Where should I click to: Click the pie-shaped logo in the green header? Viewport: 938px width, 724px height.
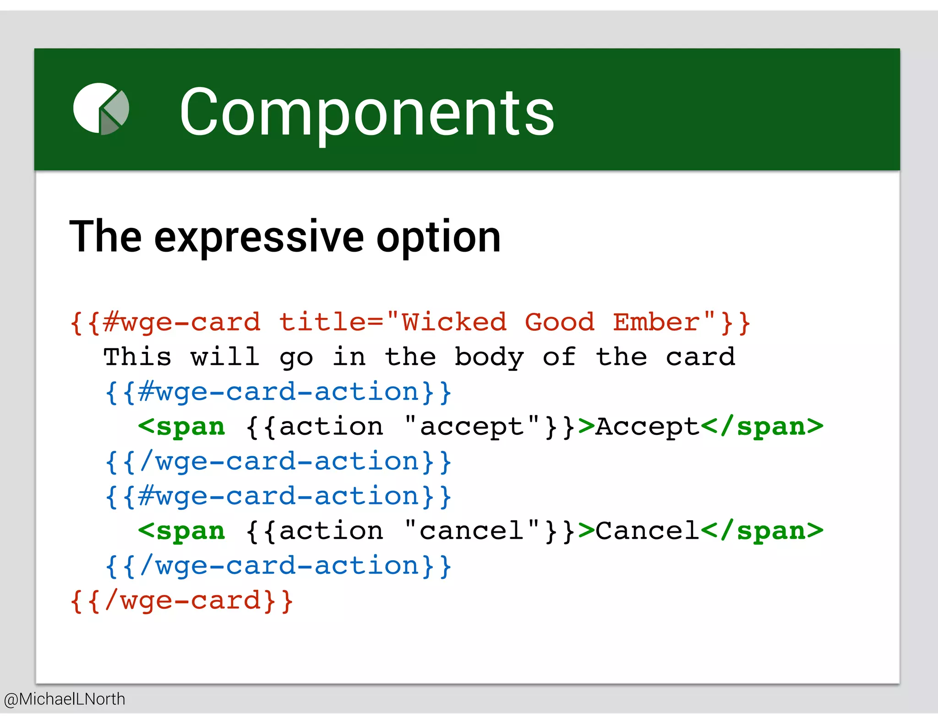[101, 109]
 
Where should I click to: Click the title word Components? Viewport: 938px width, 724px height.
[366, 112]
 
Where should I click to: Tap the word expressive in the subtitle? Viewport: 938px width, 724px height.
[259, 237]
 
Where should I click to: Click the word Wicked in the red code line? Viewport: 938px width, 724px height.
[454, 322]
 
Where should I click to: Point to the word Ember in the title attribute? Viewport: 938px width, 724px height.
[656, 322]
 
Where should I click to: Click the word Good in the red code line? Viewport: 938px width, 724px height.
[559, 322]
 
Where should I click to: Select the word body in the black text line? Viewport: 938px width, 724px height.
[489, 357]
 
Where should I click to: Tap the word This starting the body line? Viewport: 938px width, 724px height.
[137, 357]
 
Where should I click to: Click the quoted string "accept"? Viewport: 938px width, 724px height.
[472, 427]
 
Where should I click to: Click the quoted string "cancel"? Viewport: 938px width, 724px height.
[472, 531]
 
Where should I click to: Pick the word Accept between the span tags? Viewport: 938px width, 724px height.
[647, 427]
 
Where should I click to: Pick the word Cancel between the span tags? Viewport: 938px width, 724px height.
[647, 531]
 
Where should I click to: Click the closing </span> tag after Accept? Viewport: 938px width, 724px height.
[762, 427]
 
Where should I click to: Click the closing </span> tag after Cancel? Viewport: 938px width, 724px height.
[762, 531]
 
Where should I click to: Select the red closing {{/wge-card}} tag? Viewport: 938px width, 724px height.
[181, 601]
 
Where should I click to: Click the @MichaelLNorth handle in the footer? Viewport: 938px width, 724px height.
[64, 699]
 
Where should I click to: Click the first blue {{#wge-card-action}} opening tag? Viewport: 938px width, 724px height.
[278, 392]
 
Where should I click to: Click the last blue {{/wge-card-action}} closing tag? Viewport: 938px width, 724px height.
[278, 566]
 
